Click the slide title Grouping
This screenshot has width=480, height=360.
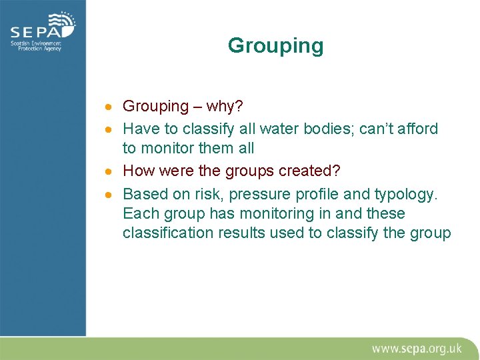(x=275, y=46)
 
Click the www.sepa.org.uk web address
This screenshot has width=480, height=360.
(x=417, y=348)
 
